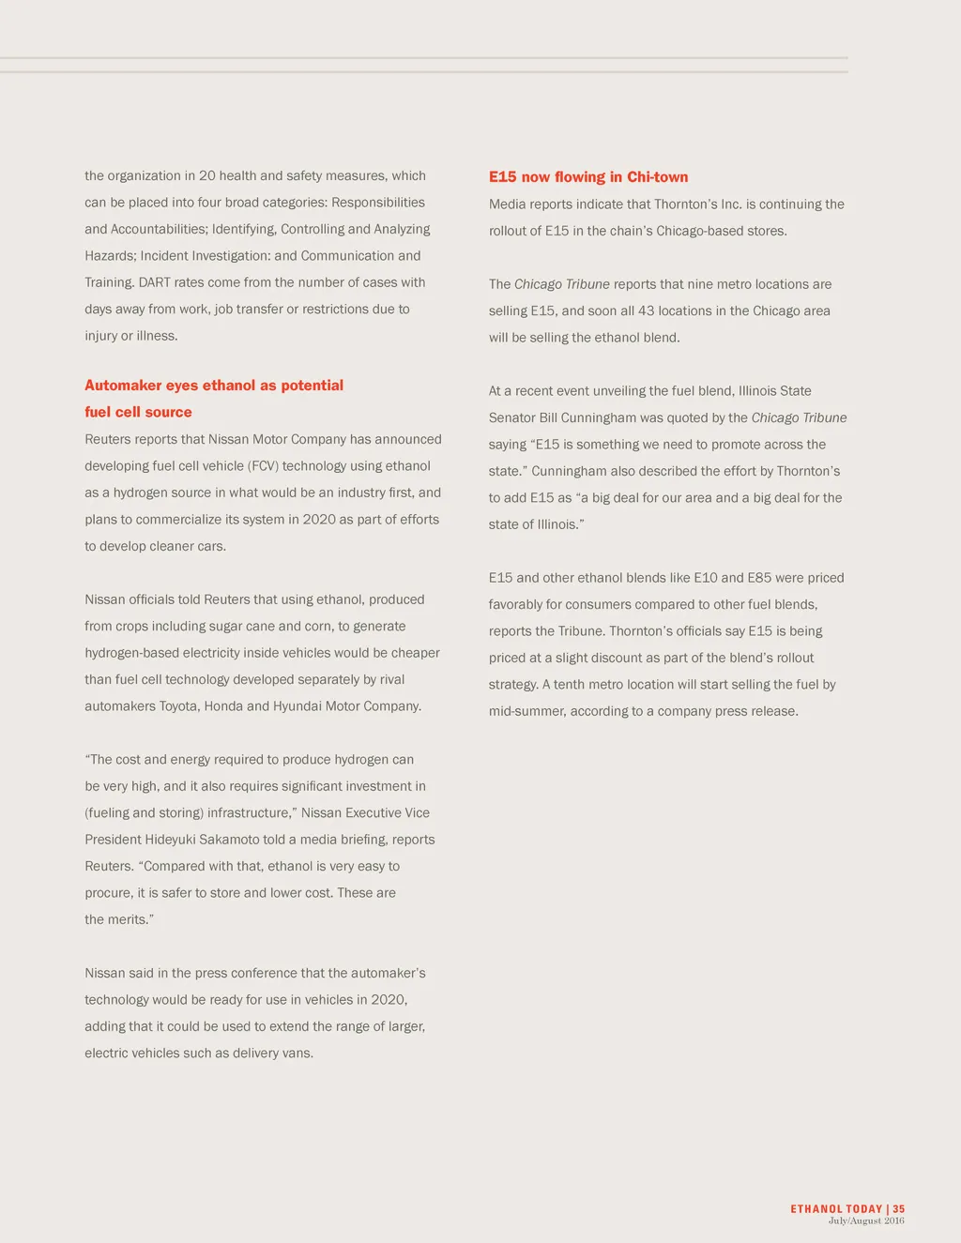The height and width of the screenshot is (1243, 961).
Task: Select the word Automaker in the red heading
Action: (x=123, y=386)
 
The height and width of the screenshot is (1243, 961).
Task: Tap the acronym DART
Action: (x=154, y=282)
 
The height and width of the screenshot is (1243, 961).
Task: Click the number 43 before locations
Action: (x=646, y=311)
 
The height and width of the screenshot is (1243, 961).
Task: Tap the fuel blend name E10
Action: (x=706, y=578)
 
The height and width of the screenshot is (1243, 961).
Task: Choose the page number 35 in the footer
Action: (x=898, y=1209)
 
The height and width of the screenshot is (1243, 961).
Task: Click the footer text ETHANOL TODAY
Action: (x=836, y=1209)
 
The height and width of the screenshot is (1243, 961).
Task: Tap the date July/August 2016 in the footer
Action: (x=866, y=1220)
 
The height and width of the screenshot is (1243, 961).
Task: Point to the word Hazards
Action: (x=110, y=256)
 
